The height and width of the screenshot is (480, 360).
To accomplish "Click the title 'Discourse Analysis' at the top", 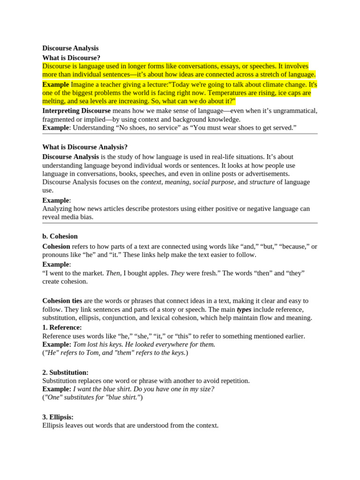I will tap(70, 48).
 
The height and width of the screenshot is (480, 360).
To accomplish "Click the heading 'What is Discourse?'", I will tap(71, 58).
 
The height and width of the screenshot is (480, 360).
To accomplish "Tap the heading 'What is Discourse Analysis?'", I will tap(85, 147).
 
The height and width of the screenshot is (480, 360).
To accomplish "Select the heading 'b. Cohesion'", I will tap(60, 236).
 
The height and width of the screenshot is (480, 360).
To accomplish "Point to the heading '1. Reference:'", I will tap(62, 327).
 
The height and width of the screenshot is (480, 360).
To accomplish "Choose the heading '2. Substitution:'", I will tap(65, 372).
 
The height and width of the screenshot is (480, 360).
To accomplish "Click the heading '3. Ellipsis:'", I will tap(58, 417).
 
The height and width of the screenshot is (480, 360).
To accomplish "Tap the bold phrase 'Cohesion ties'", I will tap(62, 300).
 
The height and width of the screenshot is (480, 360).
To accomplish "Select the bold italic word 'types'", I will tap(244, 309).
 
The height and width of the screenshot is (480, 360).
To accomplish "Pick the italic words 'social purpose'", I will tap(213, 182).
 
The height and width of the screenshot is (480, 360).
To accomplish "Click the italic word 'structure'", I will tap(262, 182).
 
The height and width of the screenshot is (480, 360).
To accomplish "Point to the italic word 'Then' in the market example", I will tap(113, 273).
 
